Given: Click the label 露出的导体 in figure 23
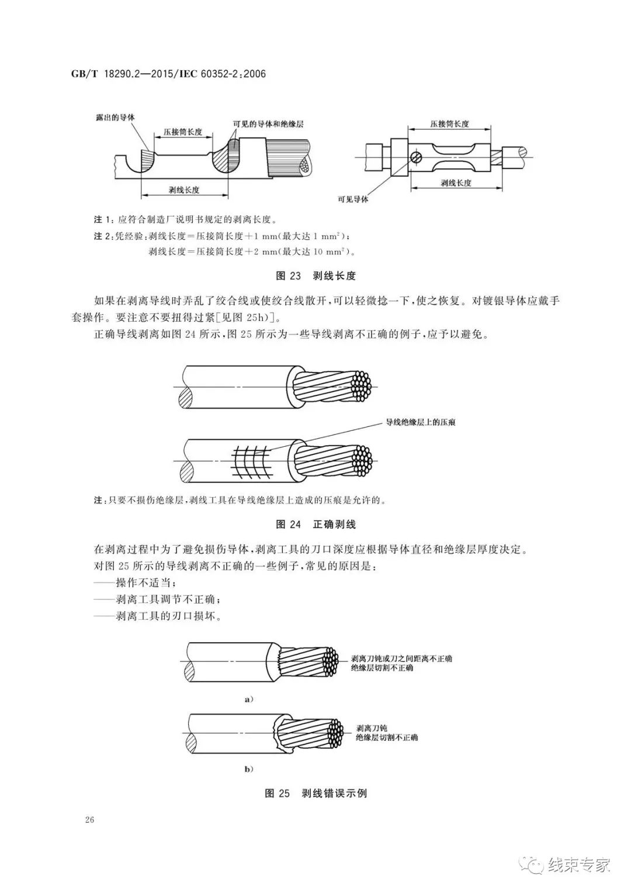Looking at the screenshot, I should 115,118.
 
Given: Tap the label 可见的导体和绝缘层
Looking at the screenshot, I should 268,125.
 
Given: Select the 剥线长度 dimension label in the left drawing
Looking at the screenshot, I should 184,189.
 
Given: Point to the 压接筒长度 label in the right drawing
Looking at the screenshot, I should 449,124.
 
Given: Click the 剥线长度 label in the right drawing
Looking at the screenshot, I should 456,183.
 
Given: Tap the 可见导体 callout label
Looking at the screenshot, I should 353,199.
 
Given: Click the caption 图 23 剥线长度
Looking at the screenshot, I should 315,275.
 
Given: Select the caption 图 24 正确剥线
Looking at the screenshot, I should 315,523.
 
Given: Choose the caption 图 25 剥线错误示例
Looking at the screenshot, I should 315,793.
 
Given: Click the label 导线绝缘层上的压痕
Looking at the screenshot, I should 419,422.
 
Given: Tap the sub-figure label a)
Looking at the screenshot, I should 248,699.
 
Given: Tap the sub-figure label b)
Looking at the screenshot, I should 248,769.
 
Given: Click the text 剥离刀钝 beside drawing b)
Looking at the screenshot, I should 372,728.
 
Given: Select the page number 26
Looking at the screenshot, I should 89,819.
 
